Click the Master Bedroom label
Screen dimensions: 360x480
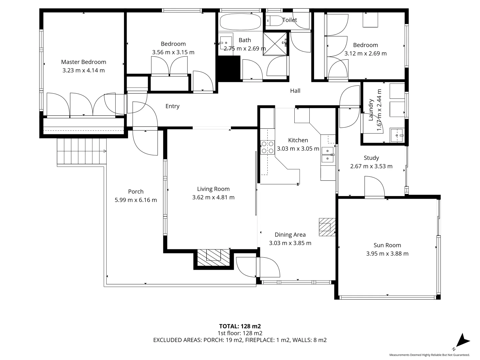83,62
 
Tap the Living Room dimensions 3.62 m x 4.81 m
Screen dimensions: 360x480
213,197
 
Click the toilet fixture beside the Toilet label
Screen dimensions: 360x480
274,21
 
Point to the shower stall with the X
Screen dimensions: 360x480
275,43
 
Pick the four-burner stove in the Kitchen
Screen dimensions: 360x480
267,147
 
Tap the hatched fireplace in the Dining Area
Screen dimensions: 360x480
327,227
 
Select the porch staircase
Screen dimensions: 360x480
82,151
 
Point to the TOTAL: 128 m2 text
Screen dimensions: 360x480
240,326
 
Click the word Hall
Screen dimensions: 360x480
295,91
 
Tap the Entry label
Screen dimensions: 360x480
172,106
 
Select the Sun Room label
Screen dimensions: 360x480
387,245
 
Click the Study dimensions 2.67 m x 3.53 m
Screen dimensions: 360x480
371,166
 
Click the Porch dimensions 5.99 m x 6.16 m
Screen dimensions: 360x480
136,200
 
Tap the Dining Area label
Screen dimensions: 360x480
290,235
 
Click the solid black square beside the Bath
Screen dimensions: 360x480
229,68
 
